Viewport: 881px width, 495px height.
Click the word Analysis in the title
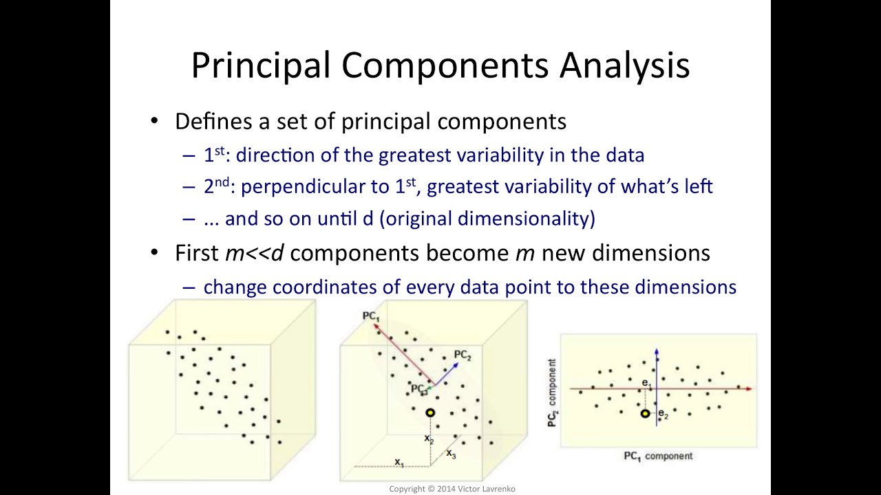[x=624, y=65]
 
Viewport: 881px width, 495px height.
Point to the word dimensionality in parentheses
[x=523, y=219]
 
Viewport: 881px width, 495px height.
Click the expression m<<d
[x=254, y=253]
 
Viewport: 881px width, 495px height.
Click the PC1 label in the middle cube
[x=370, y=316]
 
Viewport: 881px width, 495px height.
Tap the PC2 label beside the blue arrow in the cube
[x=462, y=355]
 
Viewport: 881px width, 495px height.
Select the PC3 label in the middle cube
[x=418, y=389]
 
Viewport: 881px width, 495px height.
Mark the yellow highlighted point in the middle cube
[x=430, y=412]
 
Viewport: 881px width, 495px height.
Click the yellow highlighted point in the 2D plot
[x=645, y=413]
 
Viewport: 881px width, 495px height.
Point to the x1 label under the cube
[x=399, y=462]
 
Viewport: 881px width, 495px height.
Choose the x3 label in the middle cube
[x=451, y=453]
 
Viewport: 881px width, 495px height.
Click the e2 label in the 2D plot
[x=663, y=414]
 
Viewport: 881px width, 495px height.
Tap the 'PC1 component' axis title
[x=657, y=456]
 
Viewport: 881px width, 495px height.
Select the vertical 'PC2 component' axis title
[x=552, y=393]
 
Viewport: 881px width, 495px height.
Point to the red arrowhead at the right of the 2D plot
[x=749, y=389]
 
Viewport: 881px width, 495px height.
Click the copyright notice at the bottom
[x=452, y=489]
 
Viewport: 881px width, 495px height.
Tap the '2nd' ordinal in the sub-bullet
[x=216, y=186]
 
